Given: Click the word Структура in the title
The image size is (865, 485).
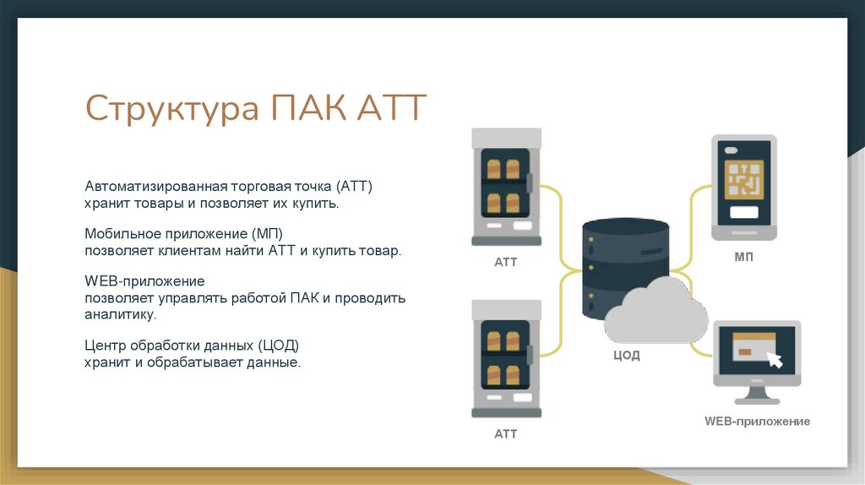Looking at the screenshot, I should click(172, 110).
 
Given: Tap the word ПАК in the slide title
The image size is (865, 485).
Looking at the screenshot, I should click(307, 110).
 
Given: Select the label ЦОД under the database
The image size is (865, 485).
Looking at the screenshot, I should click(626, 356).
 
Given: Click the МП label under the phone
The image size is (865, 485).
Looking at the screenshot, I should click(743, 257).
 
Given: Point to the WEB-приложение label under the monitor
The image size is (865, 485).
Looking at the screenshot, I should click(757, 421).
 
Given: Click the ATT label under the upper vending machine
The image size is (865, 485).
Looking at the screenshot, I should click(505, 262).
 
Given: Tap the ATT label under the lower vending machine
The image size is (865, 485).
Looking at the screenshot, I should click(505, 434).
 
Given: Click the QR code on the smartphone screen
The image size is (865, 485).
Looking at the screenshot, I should click(744, 179).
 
